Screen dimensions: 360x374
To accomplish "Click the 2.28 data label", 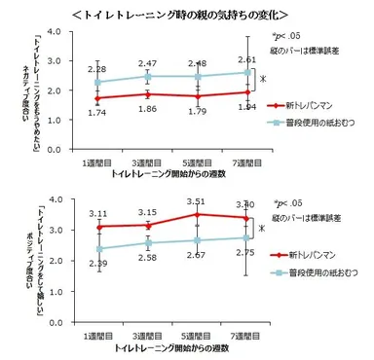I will (x=98, y=69).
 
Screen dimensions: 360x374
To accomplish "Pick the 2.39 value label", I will (x=98, y=264).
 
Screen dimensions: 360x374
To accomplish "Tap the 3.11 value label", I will (x=98, y=213).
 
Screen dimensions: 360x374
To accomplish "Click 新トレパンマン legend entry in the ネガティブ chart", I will (x=311, y=103).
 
